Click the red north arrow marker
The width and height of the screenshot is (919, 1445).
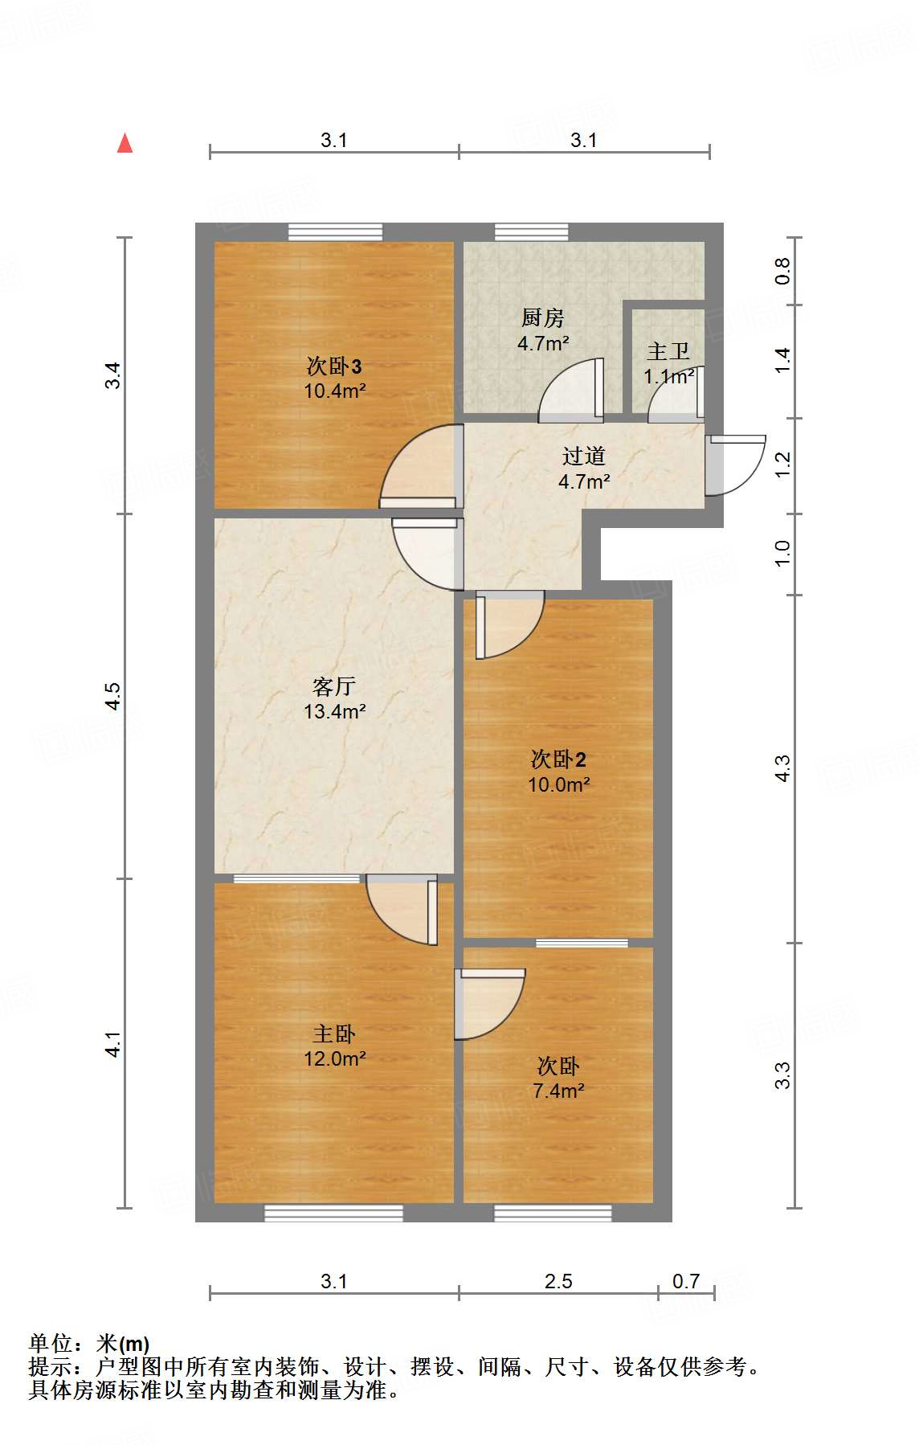coord(125,144)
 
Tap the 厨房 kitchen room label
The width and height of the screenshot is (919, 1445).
coord(543,318)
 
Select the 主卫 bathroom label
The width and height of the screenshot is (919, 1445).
coord(668,352)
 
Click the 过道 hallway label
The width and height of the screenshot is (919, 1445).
coord(584,456)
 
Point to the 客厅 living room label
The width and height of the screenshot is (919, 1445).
coord(334,686)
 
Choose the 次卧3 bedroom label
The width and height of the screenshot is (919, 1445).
coord(334,366)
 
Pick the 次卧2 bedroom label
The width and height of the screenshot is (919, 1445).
coord(558,759)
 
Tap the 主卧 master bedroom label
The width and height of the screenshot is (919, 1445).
coord(334,1034)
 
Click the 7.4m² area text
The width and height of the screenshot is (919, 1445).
coord(558,1091)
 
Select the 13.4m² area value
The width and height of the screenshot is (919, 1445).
coord(334,711)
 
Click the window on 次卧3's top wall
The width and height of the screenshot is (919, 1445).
coord(336,232)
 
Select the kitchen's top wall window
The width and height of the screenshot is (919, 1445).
coord(532,232)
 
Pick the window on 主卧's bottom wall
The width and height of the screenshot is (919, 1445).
coord(333,1213)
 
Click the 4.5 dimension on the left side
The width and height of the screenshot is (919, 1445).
coord(113,696)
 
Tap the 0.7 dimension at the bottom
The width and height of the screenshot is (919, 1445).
coord(686,1281)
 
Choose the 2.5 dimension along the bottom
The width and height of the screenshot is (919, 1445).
coord(558,1281)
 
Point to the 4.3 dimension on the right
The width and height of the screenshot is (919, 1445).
coord(782,768)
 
